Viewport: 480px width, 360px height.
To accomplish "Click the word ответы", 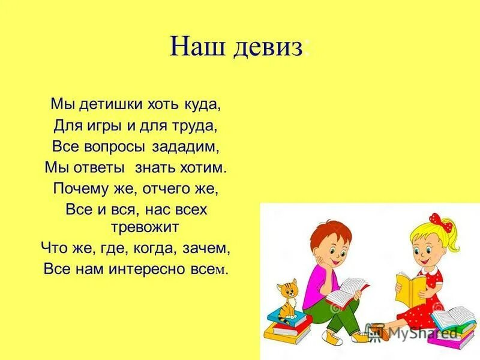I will tap(99, 167).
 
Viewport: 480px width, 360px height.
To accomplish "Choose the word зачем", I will tap(208, 247).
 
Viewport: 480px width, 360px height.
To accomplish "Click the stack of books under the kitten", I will tap(289, 324).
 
